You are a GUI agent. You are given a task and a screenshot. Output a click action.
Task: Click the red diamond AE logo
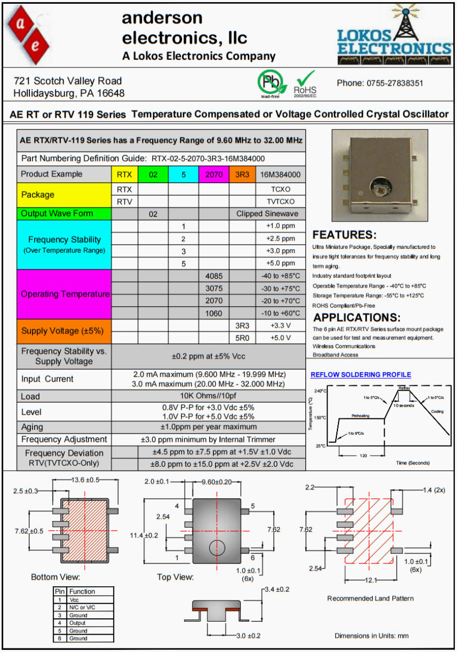28,36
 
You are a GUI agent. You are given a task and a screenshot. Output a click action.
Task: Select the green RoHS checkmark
305,80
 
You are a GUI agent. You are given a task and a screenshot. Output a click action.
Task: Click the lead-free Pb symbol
270,82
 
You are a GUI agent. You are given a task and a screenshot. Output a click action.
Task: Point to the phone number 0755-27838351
380,83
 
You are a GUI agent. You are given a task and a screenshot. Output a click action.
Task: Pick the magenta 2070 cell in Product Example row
214,174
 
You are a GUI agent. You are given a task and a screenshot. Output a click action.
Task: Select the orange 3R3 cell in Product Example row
242,174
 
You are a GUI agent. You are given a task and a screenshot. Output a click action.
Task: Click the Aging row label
33,427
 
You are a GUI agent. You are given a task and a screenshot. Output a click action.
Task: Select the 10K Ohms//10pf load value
209,396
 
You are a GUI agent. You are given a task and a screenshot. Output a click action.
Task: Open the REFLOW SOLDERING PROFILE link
360,375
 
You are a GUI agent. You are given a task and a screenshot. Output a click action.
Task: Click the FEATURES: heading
345,235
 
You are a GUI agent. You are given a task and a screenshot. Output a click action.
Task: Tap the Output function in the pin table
77,623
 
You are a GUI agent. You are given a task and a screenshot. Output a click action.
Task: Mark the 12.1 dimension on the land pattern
370,580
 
